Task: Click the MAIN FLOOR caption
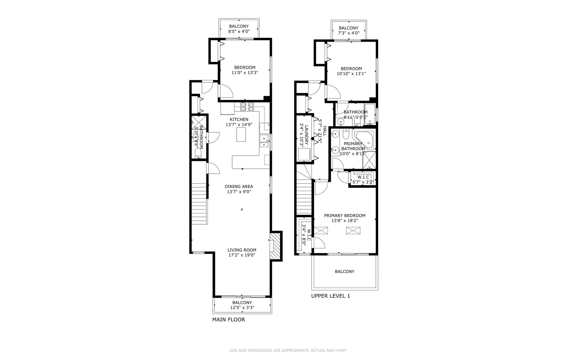click(229, 320)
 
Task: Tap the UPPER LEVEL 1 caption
click(330, 296)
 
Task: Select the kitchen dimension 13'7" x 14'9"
click(239, 125)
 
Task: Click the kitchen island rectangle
click(241, 135)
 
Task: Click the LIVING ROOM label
click(242, 250)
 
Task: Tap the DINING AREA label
click(239, 187)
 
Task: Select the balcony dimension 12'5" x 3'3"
click(242, 308)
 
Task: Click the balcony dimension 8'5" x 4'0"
click(239, 32)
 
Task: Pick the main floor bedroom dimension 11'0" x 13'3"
click(245, 73)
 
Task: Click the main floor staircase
click(199, 203)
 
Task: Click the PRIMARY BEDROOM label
click(345, 216)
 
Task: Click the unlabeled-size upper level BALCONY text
click(344, 272)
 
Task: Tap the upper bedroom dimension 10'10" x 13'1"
click(351, 74)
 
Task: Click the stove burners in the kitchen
click(248, 107)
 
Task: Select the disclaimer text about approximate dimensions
click(288, 350)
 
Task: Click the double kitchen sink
click(264, 141)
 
